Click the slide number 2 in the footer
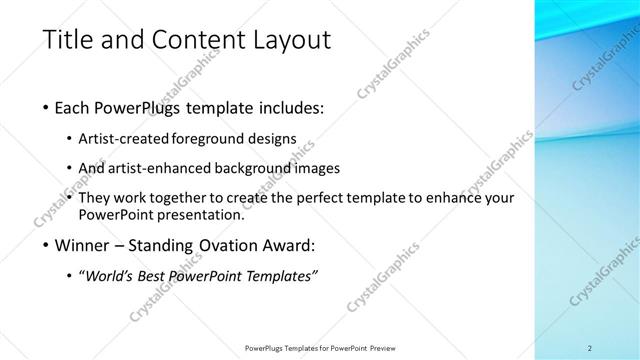[590, 348]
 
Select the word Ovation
[227, 243]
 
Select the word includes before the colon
[291, 107]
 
